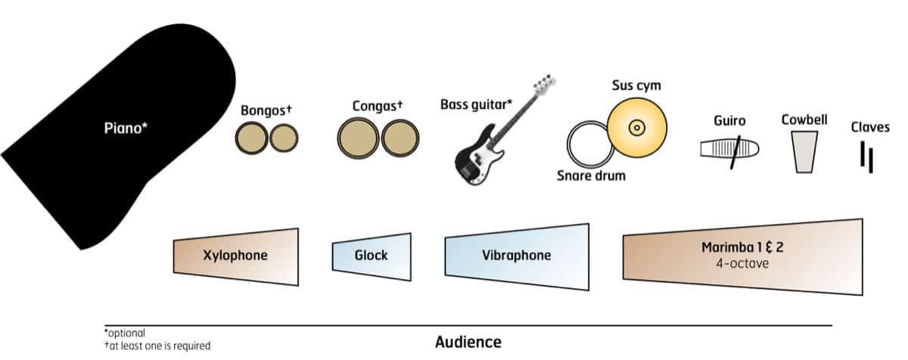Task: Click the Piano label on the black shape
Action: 126,128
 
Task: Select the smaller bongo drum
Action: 284,138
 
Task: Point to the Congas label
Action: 377,106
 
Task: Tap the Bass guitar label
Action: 476,102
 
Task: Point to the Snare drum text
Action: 592,176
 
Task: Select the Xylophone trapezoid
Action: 235,256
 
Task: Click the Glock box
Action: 372,255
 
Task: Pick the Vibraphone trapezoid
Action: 516,256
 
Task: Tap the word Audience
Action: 468,342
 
